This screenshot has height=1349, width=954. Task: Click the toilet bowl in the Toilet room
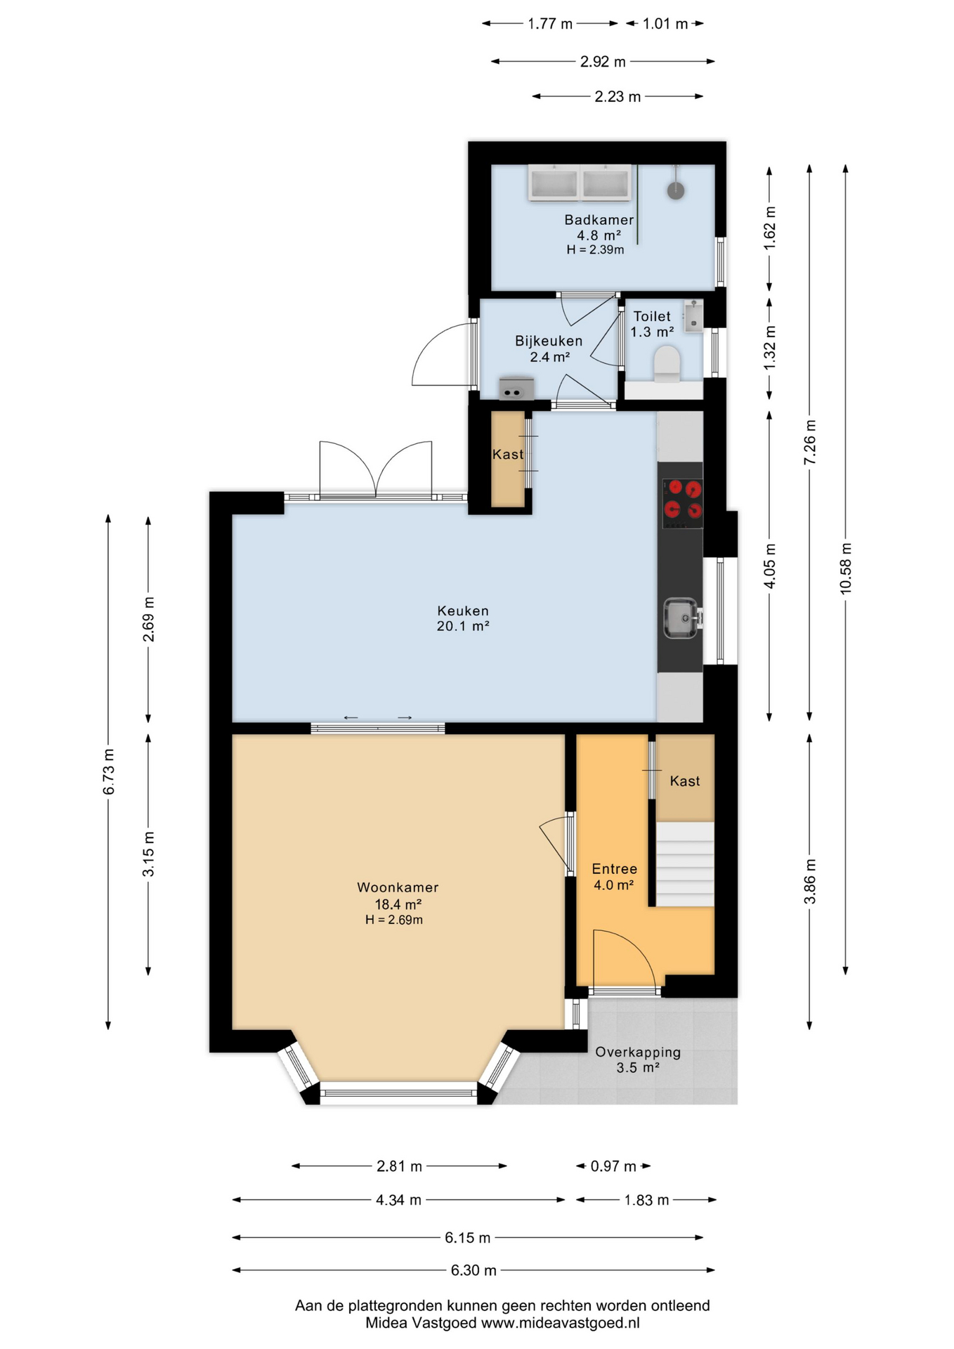coord(667,364)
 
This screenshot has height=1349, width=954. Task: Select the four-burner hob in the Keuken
coord(683,503)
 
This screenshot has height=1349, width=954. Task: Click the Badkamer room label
coord(599,220)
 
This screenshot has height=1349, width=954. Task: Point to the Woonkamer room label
coord(398,887)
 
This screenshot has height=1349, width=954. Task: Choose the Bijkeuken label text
coord(549,341)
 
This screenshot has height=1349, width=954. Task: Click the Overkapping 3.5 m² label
coord(638,1060)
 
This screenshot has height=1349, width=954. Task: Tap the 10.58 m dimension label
coord(846,568)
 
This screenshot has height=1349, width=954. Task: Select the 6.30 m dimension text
coord(473,1270)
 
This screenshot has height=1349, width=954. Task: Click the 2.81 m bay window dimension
coord(399,1166)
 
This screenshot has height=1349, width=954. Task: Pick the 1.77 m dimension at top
coord(550,24)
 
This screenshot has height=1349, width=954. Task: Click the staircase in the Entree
coord(685,864)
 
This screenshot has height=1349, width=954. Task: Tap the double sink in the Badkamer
coord(580,183)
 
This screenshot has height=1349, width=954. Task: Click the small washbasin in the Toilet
coord(693,316)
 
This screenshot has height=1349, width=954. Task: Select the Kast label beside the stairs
coord(685,781)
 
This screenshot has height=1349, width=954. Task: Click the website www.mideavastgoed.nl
coord(560,1323)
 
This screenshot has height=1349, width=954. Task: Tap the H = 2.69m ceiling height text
coord(393,920)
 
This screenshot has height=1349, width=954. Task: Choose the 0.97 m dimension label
coord(613,1166)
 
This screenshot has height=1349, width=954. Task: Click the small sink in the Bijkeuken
coord(516,389)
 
